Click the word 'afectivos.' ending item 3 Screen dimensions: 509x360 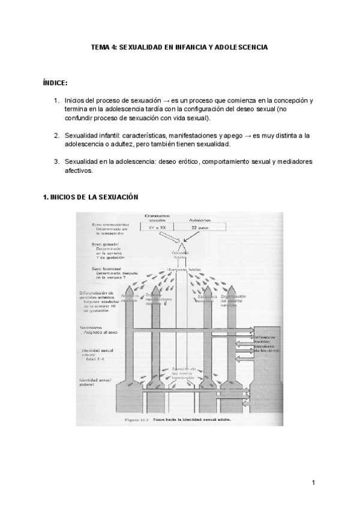click(x=79, y=170)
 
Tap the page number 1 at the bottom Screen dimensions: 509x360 click(x=313, y=483)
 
